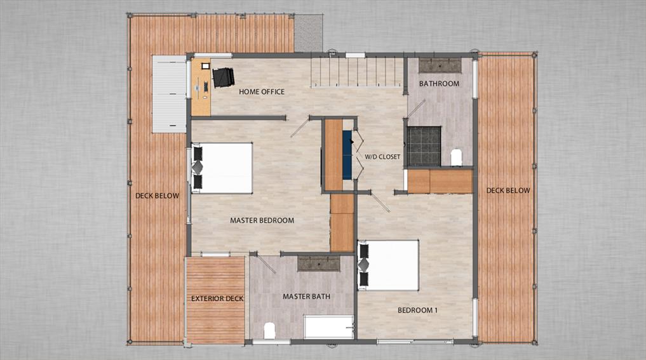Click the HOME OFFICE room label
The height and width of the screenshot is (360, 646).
(261, 92)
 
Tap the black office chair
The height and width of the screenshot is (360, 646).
(223, 77)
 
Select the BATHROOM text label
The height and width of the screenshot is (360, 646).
(439, 84)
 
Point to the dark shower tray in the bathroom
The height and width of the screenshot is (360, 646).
(424, 146)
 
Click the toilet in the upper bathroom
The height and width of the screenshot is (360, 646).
(456, 157)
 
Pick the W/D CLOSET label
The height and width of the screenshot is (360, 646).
(382, 157)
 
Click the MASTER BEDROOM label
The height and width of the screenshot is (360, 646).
(262, 221)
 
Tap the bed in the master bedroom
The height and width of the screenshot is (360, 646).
(223, 168)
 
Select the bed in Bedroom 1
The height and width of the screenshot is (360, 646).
(389, 265)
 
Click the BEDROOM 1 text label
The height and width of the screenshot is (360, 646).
(417, 310)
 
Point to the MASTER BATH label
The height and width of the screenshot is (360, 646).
(305, 297)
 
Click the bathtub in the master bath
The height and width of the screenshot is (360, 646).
(328, 327)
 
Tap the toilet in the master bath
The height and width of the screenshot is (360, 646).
(269, 330)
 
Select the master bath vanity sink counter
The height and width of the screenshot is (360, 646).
(318, 263)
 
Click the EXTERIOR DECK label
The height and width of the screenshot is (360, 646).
(217, 298)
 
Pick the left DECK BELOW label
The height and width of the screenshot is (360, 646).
(157, 196)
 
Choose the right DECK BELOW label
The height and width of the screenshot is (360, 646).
(508, 190)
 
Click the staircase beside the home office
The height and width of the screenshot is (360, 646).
(356, 71)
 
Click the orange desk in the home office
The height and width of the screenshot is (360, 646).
(200, 88)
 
